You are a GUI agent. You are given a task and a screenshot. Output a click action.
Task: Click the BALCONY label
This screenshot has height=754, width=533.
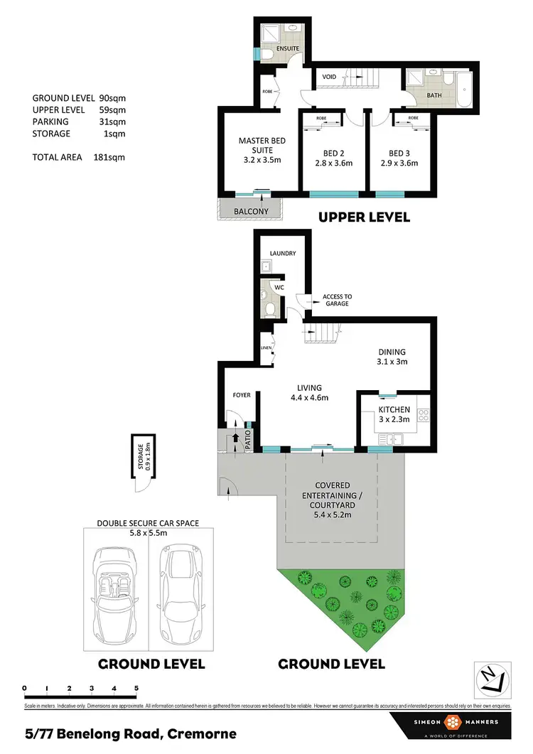point(251,211)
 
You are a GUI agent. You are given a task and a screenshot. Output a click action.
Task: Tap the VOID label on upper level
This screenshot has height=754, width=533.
point(329,77)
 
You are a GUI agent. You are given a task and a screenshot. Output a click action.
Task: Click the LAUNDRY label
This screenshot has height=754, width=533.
point(282,253)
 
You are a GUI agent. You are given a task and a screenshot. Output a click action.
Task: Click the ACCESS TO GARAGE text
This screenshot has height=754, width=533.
point(336,300)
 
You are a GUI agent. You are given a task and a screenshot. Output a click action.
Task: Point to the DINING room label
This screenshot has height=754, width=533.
point(392,352)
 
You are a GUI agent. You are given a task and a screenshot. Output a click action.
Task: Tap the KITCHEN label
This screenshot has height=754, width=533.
point(394,410)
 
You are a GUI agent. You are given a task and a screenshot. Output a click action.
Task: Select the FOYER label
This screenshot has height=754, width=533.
point(242,394)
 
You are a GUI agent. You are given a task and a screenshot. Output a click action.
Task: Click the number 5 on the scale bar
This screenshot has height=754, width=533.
point(136,688)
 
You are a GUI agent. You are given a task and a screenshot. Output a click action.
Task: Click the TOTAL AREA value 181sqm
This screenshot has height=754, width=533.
point(109,157)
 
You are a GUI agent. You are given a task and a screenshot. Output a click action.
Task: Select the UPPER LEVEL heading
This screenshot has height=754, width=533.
point(364,217)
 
